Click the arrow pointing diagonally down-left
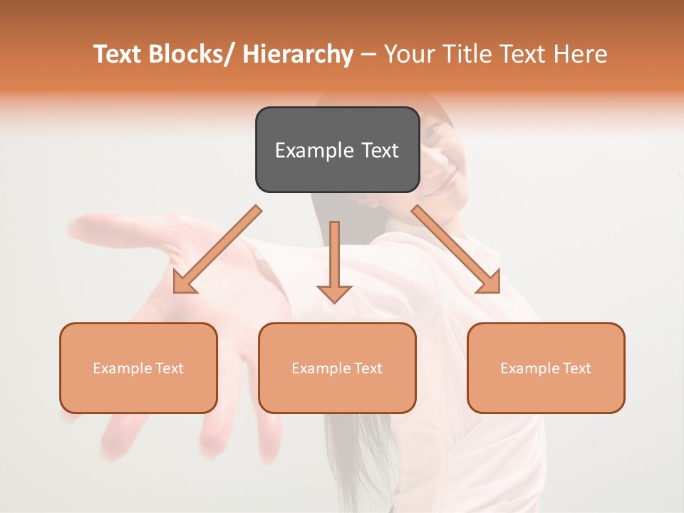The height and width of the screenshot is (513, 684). (x=217, y=250)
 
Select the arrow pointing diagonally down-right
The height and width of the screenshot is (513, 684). (x=456, y=250)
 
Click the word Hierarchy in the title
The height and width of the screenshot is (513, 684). (x=298, y=54)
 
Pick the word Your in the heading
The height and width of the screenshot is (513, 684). (x=409, y=54)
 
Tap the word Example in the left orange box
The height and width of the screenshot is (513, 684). (x=123, y=368)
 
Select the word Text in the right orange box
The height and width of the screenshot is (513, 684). (x=576, y=368)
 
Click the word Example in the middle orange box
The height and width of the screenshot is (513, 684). (x=321, y=368)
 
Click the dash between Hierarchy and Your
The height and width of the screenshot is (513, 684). (x=369, y=55)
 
